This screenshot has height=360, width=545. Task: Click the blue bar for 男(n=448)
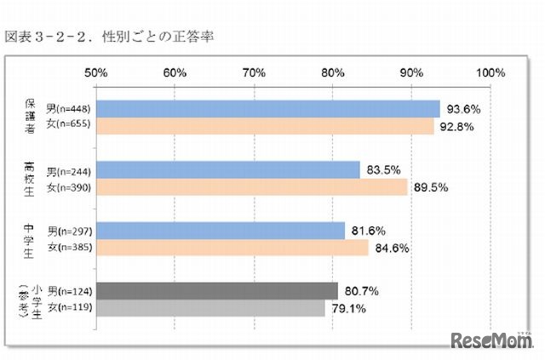click(267, 108)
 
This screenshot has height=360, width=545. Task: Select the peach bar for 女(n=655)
click(265, 126)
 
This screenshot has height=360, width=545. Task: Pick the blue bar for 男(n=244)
click(227, 169)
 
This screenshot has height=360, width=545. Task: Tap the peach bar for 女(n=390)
click(251, 187)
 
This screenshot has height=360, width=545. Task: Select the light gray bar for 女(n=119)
click(210, 308)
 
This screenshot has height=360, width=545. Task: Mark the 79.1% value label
click(352, 308)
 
